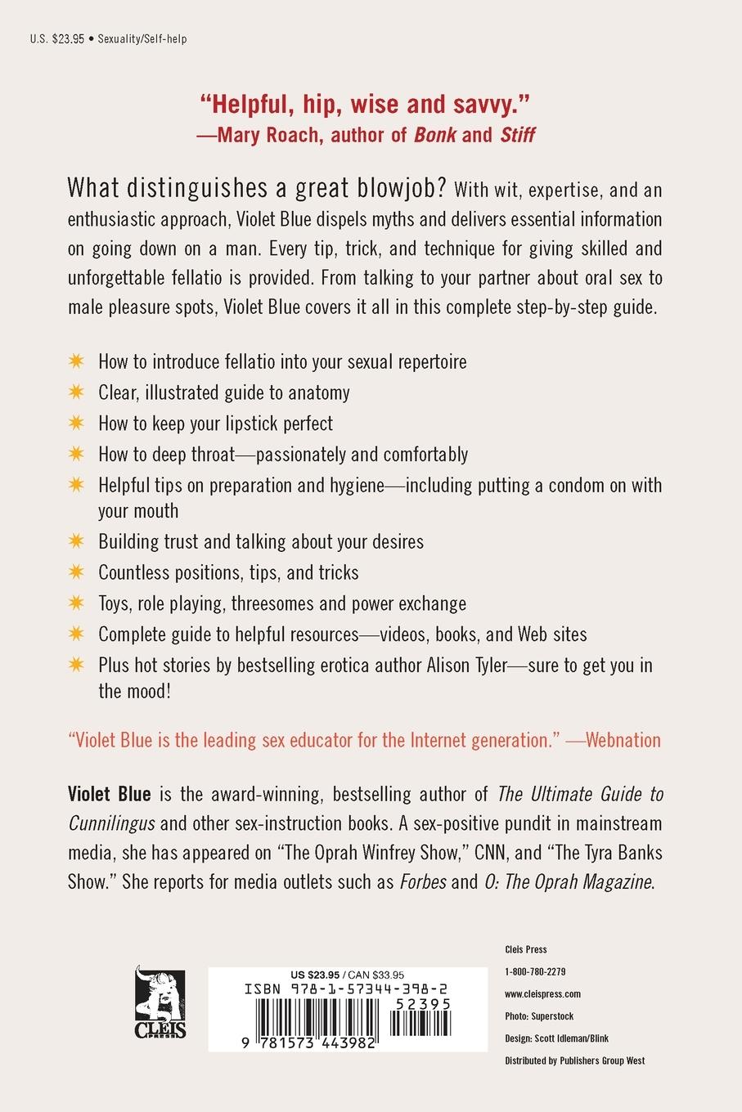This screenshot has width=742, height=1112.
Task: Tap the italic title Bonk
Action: pos(435,135)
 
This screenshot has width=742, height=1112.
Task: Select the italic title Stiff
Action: pos(517,135)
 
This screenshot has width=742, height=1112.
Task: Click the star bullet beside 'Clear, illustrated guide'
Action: pos(76,392)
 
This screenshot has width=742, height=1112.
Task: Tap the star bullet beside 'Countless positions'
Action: pos(76,572)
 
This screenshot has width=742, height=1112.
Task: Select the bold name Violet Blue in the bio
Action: pos(110,794)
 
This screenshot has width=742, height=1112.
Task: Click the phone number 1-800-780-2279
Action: pos(535,972)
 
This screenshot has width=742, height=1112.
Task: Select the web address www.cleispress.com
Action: pos(542,994)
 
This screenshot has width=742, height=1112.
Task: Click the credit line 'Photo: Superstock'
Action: pos(539,1016)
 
